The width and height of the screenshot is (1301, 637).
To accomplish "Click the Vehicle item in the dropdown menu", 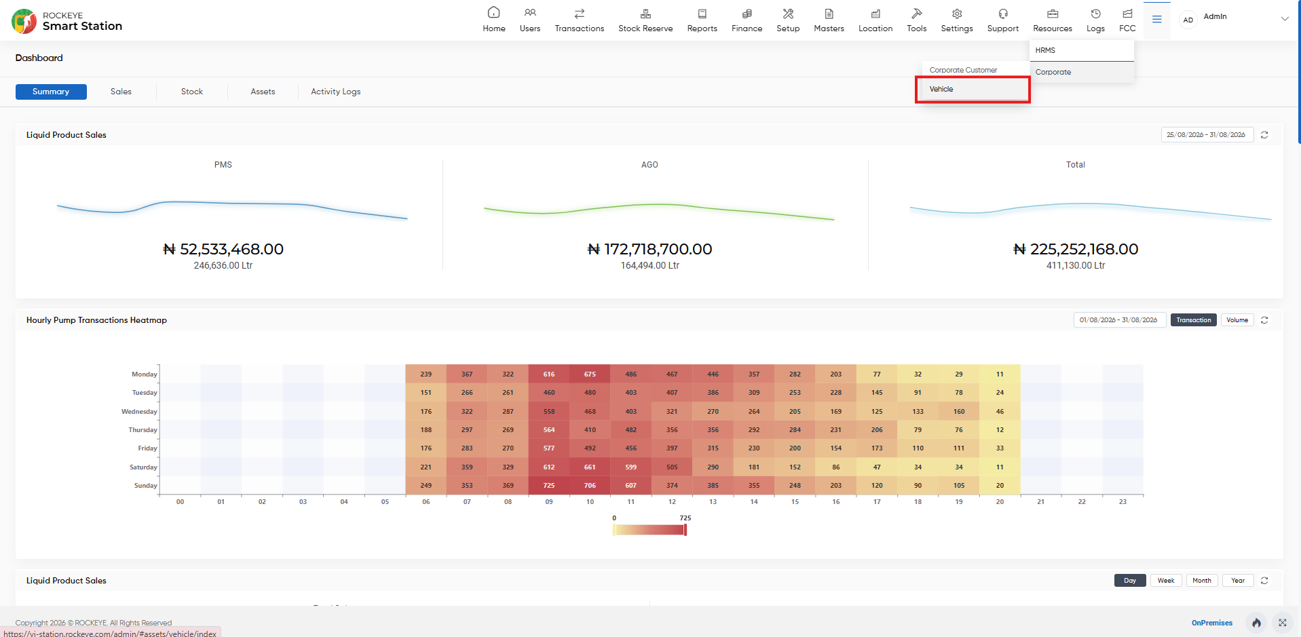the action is (x=941, y=90).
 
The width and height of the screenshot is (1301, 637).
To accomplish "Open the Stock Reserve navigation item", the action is (x=645, y=20).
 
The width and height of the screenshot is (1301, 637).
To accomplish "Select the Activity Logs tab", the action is (x=335, y=92).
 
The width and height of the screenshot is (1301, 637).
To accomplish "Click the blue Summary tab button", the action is (x=51, y=92).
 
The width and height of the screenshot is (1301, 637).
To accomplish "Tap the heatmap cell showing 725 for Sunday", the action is (x=549, y=486).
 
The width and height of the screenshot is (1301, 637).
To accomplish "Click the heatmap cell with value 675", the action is (x=590, y=374).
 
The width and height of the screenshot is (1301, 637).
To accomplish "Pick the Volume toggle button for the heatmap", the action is (x=1237, y=320).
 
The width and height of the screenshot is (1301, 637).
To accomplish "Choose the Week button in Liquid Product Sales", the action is (x=1166, y=581).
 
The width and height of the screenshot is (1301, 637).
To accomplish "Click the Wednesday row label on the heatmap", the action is (x=139, y=412).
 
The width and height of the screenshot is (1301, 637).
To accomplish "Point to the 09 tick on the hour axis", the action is (x=549, y=502).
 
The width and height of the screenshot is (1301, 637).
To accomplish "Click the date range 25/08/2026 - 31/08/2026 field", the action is (x=1206, y=135).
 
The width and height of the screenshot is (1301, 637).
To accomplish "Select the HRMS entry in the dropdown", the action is (x=1045, y=50).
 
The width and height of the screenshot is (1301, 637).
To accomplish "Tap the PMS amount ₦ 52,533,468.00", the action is (x=223, y=250).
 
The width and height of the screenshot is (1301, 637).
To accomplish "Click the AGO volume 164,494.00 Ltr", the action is (x=649, y=266).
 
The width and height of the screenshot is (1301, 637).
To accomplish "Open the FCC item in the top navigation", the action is (x=1127, y=20).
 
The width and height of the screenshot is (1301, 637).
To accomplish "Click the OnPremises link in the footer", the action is (x=1211, y=623).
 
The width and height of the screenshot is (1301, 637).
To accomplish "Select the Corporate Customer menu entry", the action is (x=963, y=71).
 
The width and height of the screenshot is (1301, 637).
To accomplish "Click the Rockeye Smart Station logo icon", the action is (x=24, y=21).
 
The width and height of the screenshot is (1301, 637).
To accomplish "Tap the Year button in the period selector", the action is (x=1238, y=581).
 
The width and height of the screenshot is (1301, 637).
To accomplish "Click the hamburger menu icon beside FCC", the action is (x=1156, y=20).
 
